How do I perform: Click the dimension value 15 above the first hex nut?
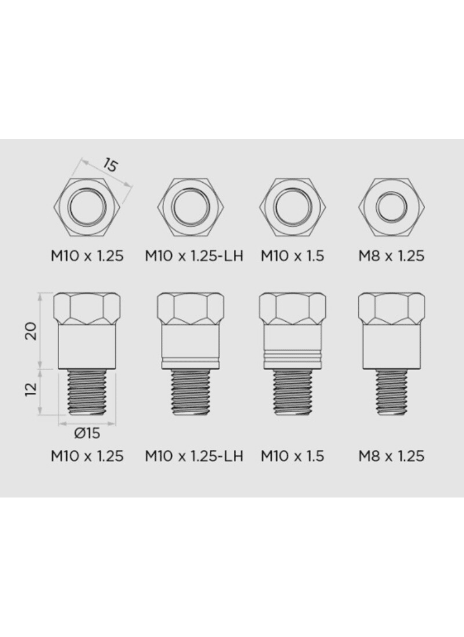pos(110,165)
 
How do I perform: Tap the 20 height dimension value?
pos(32,331)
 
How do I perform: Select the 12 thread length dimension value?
pos(32,389)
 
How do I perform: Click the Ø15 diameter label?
pos(87,433)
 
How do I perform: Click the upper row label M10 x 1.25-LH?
pos(194,256)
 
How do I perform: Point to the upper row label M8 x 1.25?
pos(391,256)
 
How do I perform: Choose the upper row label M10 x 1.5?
pos(292,256)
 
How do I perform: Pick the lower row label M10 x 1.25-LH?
pos(194,456)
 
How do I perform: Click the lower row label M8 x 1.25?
pos(391,456)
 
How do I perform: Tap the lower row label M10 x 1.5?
pos(292,456)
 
